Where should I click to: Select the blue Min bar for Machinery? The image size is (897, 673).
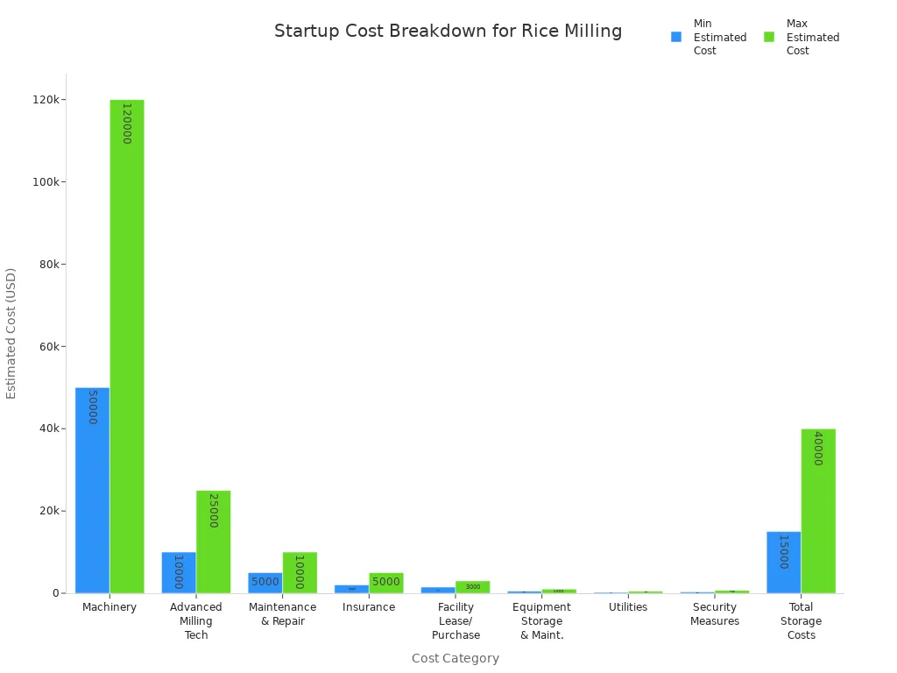(92, 490)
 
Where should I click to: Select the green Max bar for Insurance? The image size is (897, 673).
(385, 583)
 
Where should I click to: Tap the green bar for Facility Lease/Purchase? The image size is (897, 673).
(472, 587)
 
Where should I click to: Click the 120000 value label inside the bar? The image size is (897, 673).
(126, 124)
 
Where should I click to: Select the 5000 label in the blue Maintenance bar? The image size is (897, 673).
(265, 582)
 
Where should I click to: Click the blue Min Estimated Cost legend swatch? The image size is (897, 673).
(676, 37)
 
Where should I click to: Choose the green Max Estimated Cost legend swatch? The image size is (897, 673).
(769, 37)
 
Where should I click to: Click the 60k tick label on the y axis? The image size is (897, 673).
(47, 346)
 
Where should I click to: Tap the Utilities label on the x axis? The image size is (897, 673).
(628, 607)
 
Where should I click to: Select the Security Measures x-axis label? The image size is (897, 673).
(714, 614)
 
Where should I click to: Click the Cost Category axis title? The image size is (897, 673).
(455, 658)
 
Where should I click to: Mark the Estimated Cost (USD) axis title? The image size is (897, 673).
(11, 333)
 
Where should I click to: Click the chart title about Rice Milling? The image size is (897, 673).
(448, 32)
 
